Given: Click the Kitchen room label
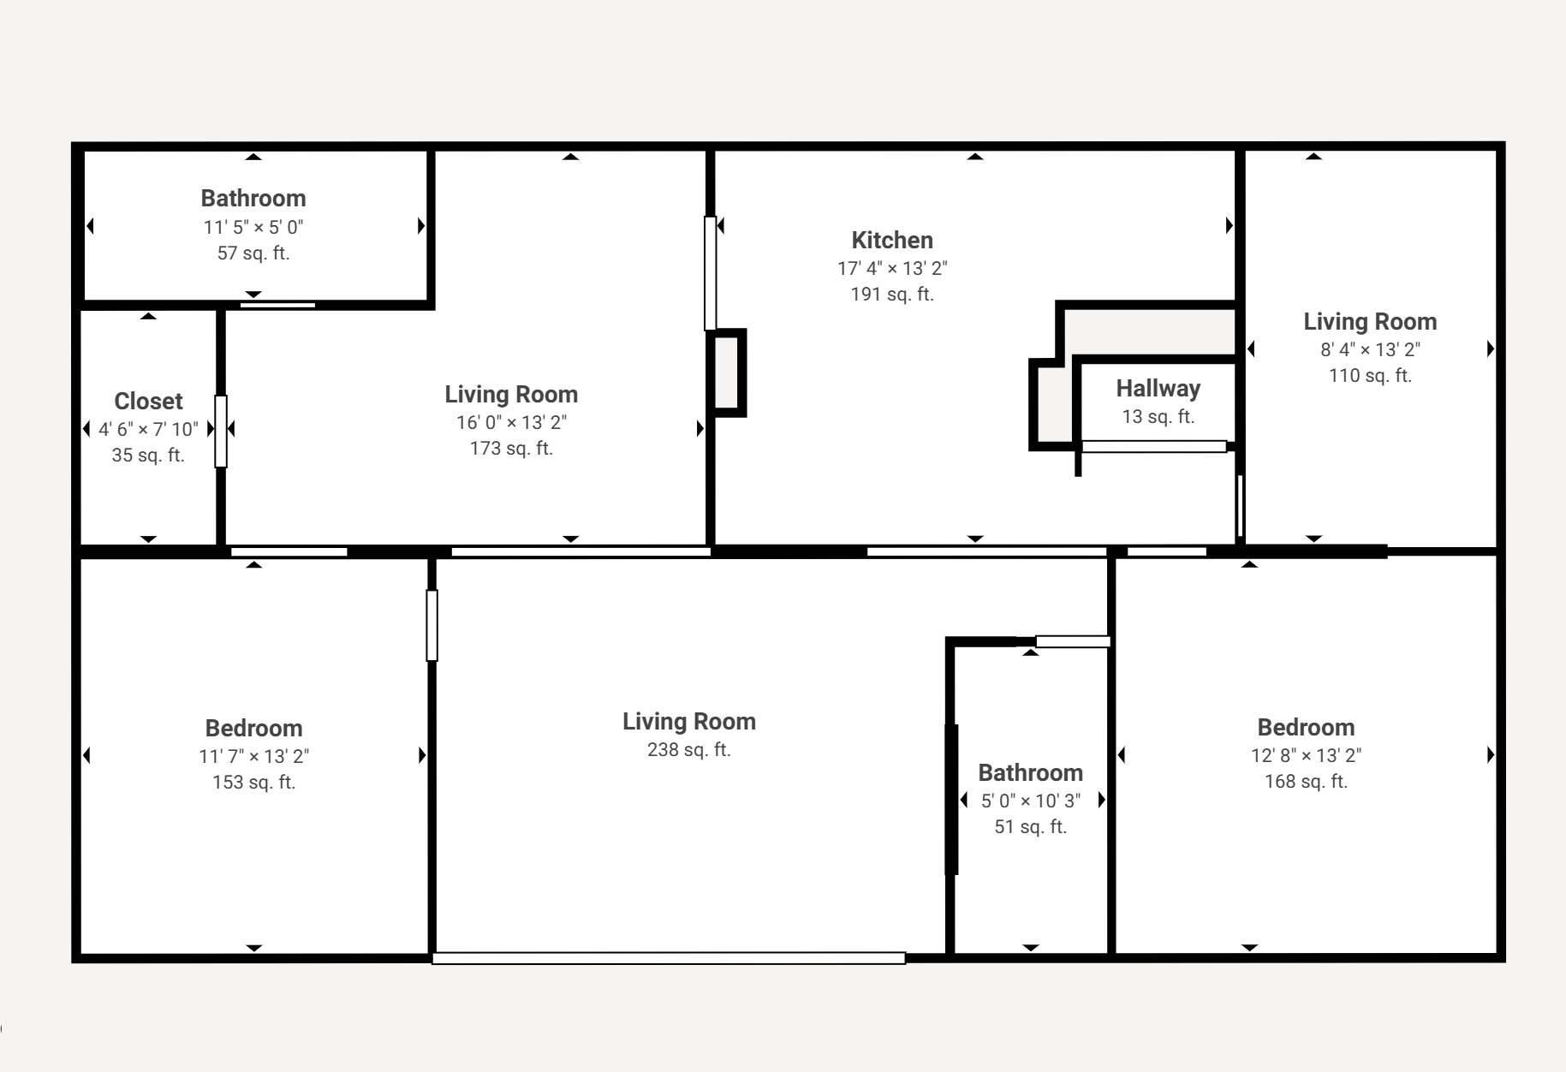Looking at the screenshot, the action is click(x=892, y=241).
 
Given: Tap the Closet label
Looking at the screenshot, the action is click(x=148, y=402).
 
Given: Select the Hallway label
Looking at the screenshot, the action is click(x=1158, y=389).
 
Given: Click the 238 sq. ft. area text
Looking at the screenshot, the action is click(x=689, y=750).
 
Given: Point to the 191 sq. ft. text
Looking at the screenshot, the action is click(x=892, y=295).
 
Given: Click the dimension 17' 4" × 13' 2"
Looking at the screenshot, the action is click(x=892, y=269).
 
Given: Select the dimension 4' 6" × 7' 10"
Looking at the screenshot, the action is click(x=148, y=429).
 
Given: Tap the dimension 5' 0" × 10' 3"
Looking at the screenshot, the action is click(x=1031, y=801).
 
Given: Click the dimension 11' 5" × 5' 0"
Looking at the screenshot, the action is click(x=253, y=228).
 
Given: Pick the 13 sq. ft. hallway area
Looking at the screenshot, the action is click(x=1158, y=417).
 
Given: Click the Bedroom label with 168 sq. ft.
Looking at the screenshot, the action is click(x=1306, y=728).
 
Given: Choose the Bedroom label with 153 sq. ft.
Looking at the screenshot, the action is click(x=253, y=729).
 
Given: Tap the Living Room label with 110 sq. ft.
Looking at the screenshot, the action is click(x=1370, y=322).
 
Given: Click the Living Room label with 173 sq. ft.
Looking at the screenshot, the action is click(x=511, y=395).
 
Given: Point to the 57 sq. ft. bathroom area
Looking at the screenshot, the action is click(x=253, y=253).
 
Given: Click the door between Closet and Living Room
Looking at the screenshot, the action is click(x=221, y=432).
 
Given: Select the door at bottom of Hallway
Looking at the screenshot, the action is click(x=1154, y=446).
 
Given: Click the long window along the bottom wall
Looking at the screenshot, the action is click(x=669, y=958).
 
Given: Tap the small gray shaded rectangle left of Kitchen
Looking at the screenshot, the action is click(x=726, y=373).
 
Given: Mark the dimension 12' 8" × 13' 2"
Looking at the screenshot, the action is click(x=1306, y=756).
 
